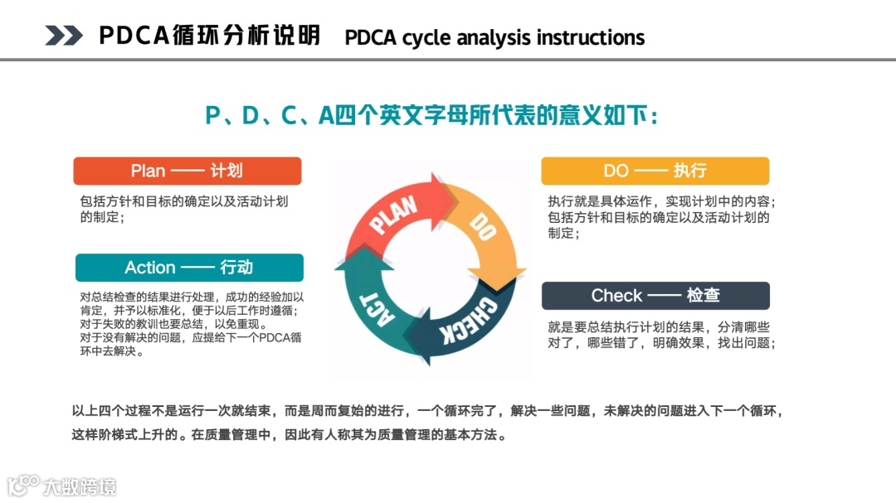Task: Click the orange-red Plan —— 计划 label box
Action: (187, 171)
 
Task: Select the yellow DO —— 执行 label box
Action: (655, 171)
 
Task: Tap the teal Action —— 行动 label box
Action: (189, 268)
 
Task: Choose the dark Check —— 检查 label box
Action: (655, 296)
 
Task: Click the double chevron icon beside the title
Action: (64, 36)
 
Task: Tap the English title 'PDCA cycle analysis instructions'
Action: (494, 38)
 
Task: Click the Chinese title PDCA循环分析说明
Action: (209, 36)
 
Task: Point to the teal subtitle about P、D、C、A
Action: (431, 115)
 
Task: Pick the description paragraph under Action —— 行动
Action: (192, 323)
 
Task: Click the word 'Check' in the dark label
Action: (616, 296)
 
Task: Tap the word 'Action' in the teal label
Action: (150, 268)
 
